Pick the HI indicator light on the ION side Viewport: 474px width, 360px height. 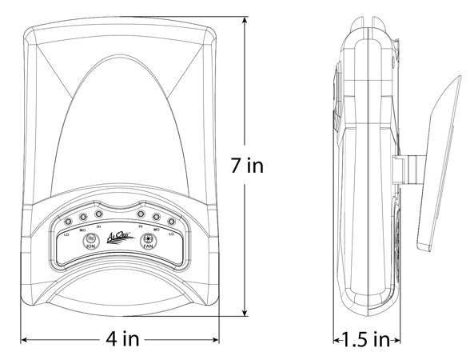tap(98, 214)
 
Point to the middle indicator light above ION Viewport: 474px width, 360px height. tap(85, 216)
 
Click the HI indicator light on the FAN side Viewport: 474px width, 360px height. tap(141, 214)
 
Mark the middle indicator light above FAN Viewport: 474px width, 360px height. tap(155, 216)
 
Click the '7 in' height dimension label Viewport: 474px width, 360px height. tap(246, 166)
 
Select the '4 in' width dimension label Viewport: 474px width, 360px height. tap(120, 339)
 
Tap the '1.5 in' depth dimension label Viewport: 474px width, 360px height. tap(362, 339)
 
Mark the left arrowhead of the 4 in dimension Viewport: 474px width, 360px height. tap(25, 340)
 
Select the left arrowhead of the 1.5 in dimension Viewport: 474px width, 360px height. tap(336, 340)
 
